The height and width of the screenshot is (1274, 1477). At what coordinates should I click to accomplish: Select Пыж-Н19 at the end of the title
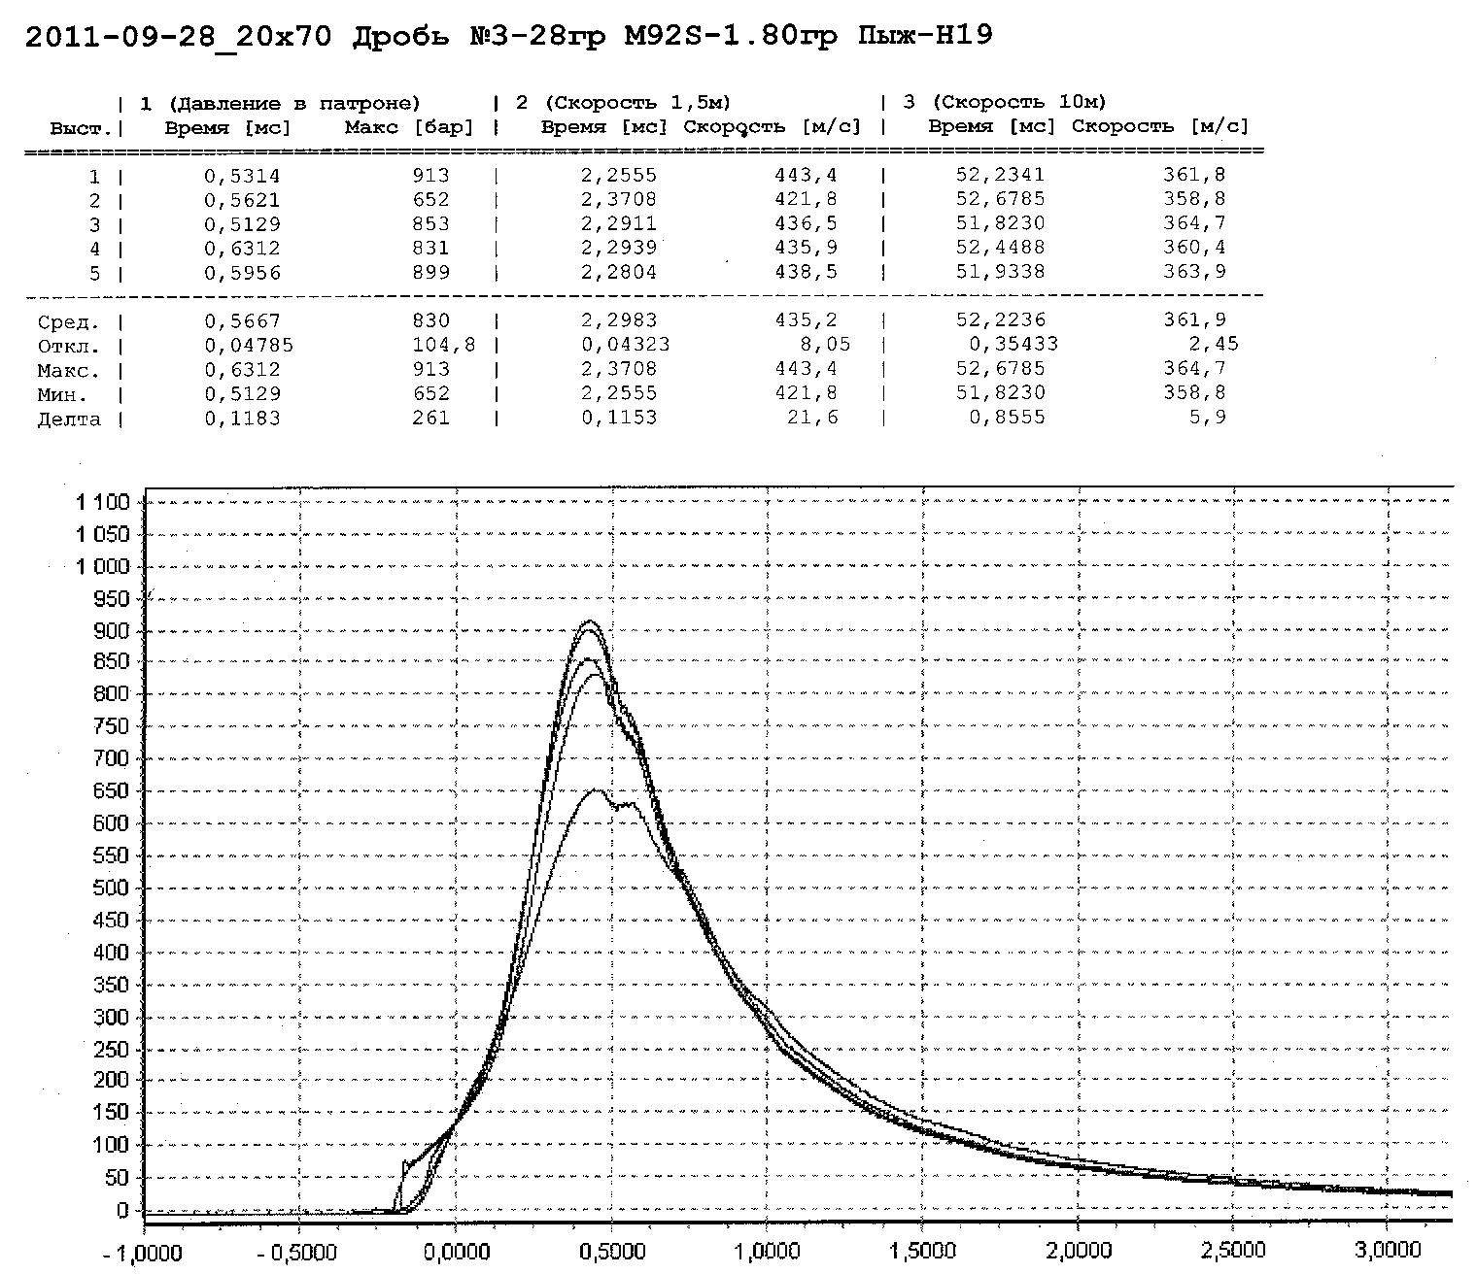925,37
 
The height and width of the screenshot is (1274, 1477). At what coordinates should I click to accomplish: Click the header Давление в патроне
293,103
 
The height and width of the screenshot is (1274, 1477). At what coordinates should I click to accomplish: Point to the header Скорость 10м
1018,102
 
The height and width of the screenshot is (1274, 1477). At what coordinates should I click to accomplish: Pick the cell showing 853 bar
429,223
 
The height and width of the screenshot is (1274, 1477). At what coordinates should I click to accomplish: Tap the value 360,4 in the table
1194,248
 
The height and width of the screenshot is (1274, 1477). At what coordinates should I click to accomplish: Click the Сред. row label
68,321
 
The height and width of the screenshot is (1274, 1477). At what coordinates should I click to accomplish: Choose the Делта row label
68,419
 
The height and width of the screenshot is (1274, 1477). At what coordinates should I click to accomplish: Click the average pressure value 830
429,320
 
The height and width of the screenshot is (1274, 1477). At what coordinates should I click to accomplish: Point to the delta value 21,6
813,418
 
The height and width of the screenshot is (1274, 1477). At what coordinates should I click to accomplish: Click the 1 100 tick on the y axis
102,502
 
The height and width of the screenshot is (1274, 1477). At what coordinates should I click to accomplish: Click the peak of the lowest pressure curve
595,790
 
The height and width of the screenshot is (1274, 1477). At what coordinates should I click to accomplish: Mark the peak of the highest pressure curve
590,621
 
